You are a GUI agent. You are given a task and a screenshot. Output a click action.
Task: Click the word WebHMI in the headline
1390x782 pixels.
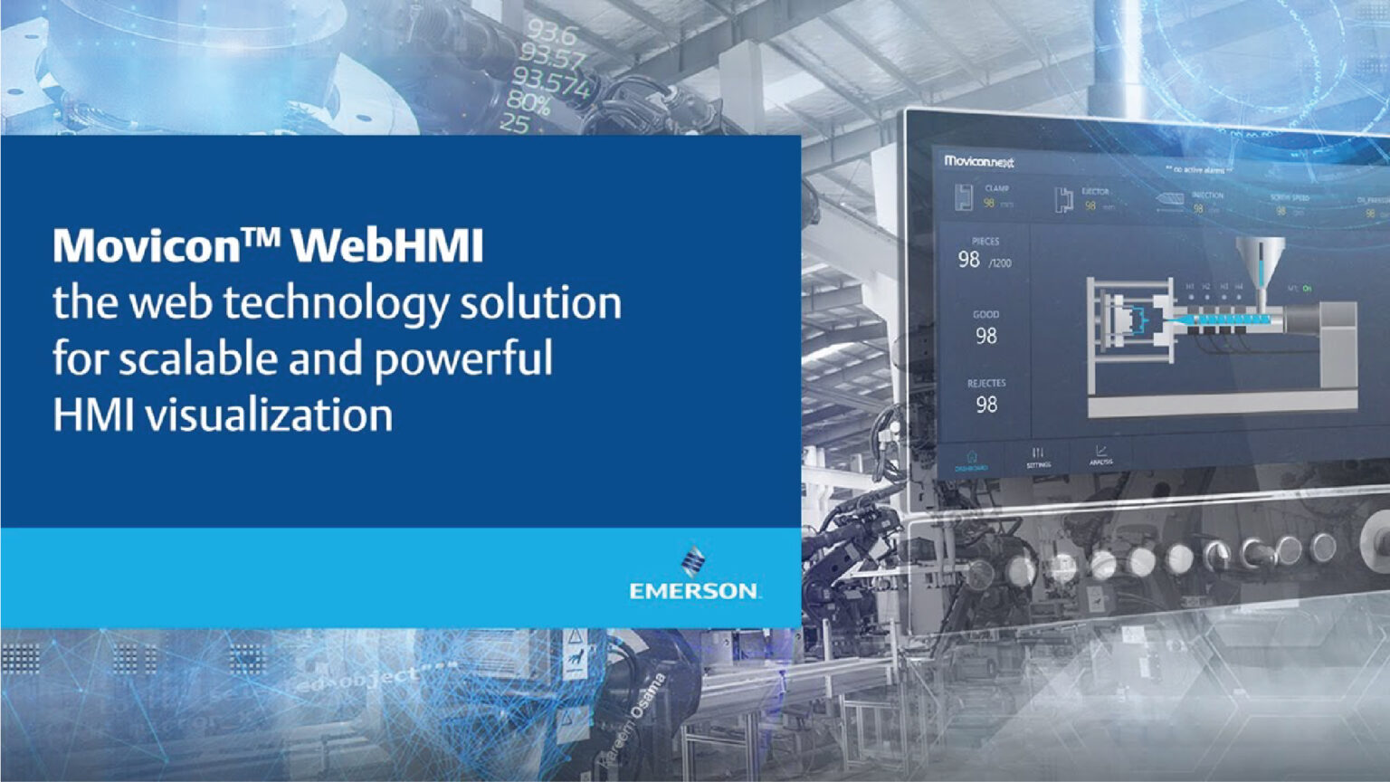pos(389,245)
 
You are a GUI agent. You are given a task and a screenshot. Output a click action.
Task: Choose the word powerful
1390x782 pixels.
pos(463,359)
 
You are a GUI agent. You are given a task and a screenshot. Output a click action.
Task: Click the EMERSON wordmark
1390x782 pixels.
pos(694,591)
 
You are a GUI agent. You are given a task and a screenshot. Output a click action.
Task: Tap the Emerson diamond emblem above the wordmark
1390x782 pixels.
pos(693,561)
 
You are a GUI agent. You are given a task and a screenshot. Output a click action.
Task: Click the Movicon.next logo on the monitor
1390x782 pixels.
pos(978,161)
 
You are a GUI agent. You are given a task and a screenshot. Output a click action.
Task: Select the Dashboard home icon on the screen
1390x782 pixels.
pos(972,457)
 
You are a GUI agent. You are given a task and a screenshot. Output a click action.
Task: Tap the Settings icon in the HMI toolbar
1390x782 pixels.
pos(1038,453)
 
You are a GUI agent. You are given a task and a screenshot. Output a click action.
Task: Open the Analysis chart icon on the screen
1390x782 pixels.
pos(1101,451)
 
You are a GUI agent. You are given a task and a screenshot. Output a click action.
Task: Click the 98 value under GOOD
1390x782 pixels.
pos(986,336)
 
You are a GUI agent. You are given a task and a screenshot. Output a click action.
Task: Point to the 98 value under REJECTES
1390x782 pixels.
pos(986,405)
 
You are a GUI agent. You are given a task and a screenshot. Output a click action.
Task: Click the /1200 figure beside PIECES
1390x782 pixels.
pos(1000,263)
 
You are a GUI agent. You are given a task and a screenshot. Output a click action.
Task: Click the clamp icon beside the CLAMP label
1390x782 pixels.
pos(964,196)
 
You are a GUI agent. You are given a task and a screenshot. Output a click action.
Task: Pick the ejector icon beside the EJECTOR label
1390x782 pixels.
pos(1063,199)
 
